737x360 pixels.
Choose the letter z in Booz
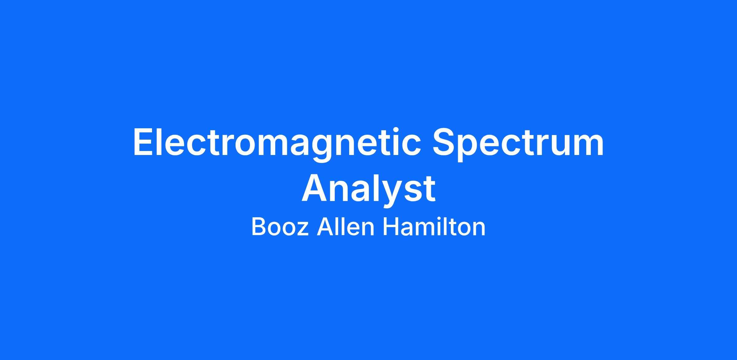[302, 229]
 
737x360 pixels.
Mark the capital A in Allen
[325, 227]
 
